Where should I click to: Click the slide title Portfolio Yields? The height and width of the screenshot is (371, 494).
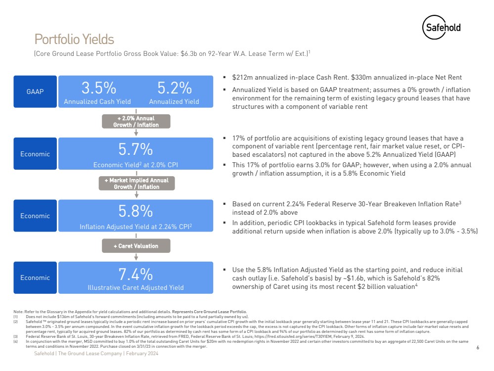pyautogui.click(x=74, y=39)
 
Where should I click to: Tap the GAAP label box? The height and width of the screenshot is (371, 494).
pyautogui.click(x=35, y=92)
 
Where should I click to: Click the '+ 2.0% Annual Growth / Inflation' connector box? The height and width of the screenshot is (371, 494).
pyautogui.click(x=135, y=122)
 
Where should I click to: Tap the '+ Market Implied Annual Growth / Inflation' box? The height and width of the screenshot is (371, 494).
pyautogui.click(x=135, y=184)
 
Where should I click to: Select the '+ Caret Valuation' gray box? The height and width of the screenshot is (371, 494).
pyautogui.click(x=135, y=246)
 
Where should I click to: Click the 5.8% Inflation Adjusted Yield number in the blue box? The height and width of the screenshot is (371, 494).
pyautogui.click(x=135, y=211)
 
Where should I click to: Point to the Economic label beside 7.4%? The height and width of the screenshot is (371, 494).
pyautogui.click(x=35, y=278)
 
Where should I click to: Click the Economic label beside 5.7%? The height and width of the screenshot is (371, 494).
pyautogui.click(x=35, y=154)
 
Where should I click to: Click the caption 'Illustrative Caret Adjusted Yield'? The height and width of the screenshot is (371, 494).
pyautogui.click(x=135, y=287)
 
